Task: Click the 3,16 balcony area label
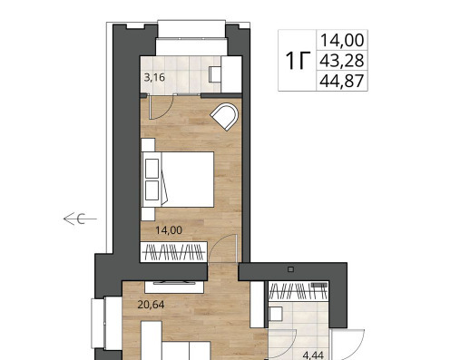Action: [154, 78]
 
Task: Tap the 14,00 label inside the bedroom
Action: [169, 230]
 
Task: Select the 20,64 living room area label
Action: [151, 305]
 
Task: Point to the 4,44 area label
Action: [313, 355]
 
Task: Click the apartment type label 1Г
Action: [298, 61]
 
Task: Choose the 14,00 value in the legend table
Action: [342, 40]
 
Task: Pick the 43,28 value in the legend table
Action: [342, 61]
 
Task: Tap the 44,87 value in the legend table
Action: [342, 81]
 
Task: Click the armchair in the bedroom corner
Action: [224, 117]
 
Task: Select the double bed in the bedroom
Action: [179, 180]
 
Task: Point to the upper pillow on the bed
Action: [152, 169]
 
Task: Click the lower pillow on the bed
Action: [152, 190]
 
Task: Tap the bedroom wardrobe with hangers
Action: [173, 252]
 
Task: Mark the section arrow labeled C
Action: [80, 219]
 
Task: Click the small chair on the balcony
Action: [215, 74]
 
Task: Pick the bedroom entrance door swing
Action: [222, 248]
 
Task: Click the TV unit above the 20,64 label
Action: [174, 287]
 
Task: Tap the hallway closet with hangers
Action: [299, 291]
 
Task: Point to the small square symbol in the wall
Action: [291, 269]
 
